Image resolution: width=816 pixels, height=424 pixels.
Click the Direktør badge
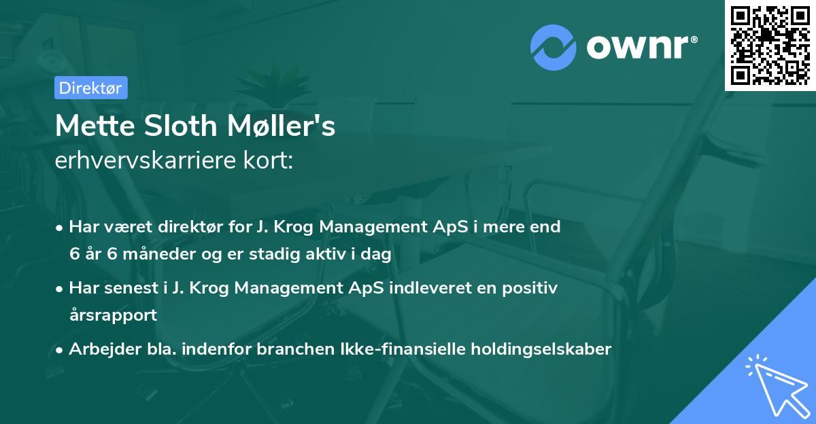click(90, 88)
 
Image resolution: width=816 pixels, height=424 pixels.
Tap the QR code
click(770, 45)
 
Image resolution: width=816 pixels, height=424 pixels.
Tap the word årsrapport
click(113, 315)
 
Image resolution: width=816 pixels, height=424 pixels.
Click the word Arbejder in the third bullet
click(99, 349)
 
